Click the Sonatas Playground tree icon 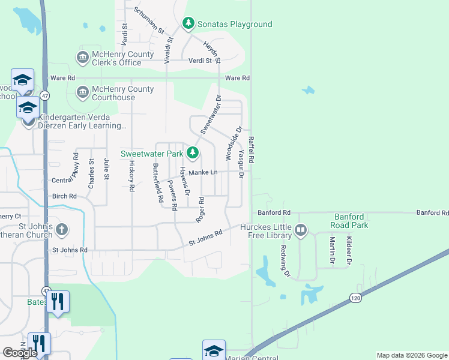[188, 23]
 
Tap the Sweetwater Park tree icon [192, 154]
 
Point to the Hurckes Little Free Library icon [301, 229]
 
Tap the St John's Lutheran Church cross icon [62, 229]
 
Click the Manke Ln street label [202, 172]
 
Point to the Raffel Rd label [252, 151]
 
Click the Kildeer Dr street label [348, 251]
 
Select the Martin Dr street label [331, 251]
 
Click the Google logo [20, 353]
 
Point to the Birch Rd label [64, 196]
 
